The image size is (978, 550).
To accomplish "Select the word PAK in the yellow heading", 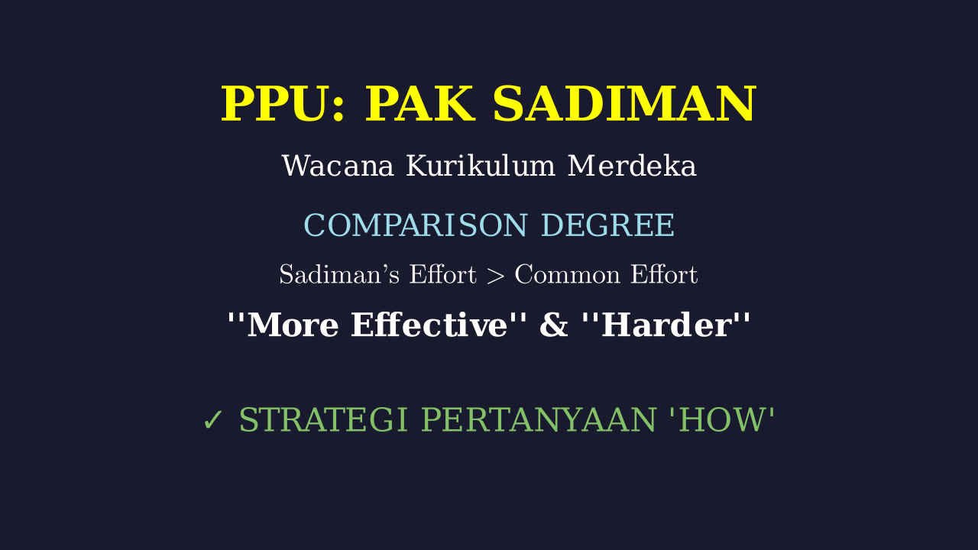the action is click(x=419, y=104).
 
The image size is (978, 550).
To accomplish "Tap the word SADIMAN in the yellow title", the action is click(x=624, y=104).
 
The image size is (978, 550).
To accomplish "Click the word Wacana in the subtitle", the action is click(x=338, y=166).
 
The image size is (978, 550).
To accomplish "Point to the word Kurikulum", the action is click(x=481, y=166).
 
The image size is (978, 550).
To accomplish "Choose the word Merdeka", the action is click(x=632, y=166).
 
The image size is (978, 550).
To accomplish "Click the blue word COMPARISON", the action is click(x=415, y=225).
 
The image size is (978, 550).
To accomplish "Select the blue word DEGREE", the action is click(x=607, y=225).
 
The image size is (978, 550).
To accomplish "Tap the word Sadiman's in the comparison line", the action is click(x=339, y=274).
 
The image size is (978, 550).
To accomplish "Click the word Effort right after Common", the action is click(x=664, y=274).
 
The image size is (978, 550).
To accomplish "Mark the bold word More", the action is click(x=293, y=325).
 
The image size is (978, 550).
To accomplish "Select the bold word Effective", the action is click(x=429, y=325).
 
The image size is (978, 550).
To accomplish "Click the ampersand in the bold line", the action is click(x=554, y=325).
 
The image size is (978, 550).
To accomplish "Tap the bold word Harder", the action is click(x=666, y=325).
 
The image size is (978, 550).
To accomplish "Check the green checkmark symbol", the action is click(x=213, y=420).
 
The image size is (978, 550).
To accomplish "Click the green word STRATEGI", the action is click(x=323, y=420).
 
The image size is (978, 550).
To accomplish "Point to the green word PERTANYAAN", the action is click(x=539, y=420).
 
